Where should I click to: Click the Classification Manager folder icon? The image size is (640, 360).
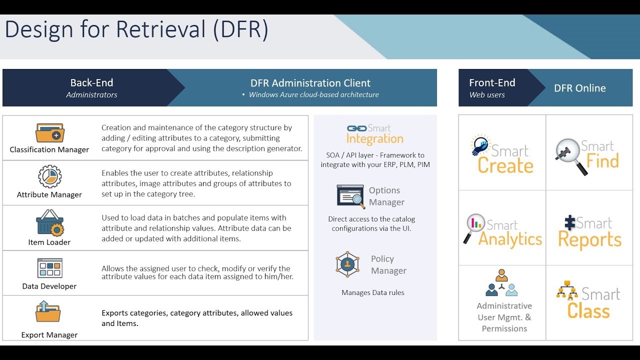click(x=49, y=133)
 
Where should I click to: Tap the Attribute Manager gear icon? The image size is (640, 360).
click(x=49, y=177)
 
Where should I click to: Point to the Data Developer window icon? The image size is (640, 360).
click(x=49, y=268)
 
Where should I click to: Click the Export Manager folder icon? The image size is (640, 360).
click(x=48, y=311)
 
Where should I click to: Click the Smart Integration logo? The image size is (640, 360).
click(x=374, y=134)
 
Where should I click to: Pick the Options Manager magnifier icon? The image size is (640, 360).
click(x=351, y=196)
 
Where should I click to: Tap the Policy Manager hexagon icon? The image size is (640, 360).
click(x=347, y=264)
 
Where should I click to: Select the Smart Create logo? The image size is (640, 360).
click(x=502, y=154)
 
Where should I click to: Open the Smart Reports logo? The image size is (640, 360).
click(x=589, y=231)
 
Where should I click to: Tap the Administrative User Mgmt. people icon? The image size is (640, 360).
click(x=502, y=283)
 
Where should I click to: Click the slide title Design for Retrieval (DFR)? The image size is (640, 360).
click(x=136, y=29)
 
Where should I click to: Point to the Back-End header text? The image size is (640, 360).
click(x=91, y=83)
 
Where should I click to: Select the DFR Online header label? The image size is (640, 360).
click(x=579, y=88)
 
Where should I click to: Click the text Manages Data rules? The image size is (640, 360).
click(x=373, y=293)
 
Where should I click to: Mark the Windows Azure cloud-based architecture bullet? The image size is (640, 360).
click(x=313, y=95)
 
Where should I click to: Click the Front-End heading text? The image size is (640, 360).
click(x=492, y=83)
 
